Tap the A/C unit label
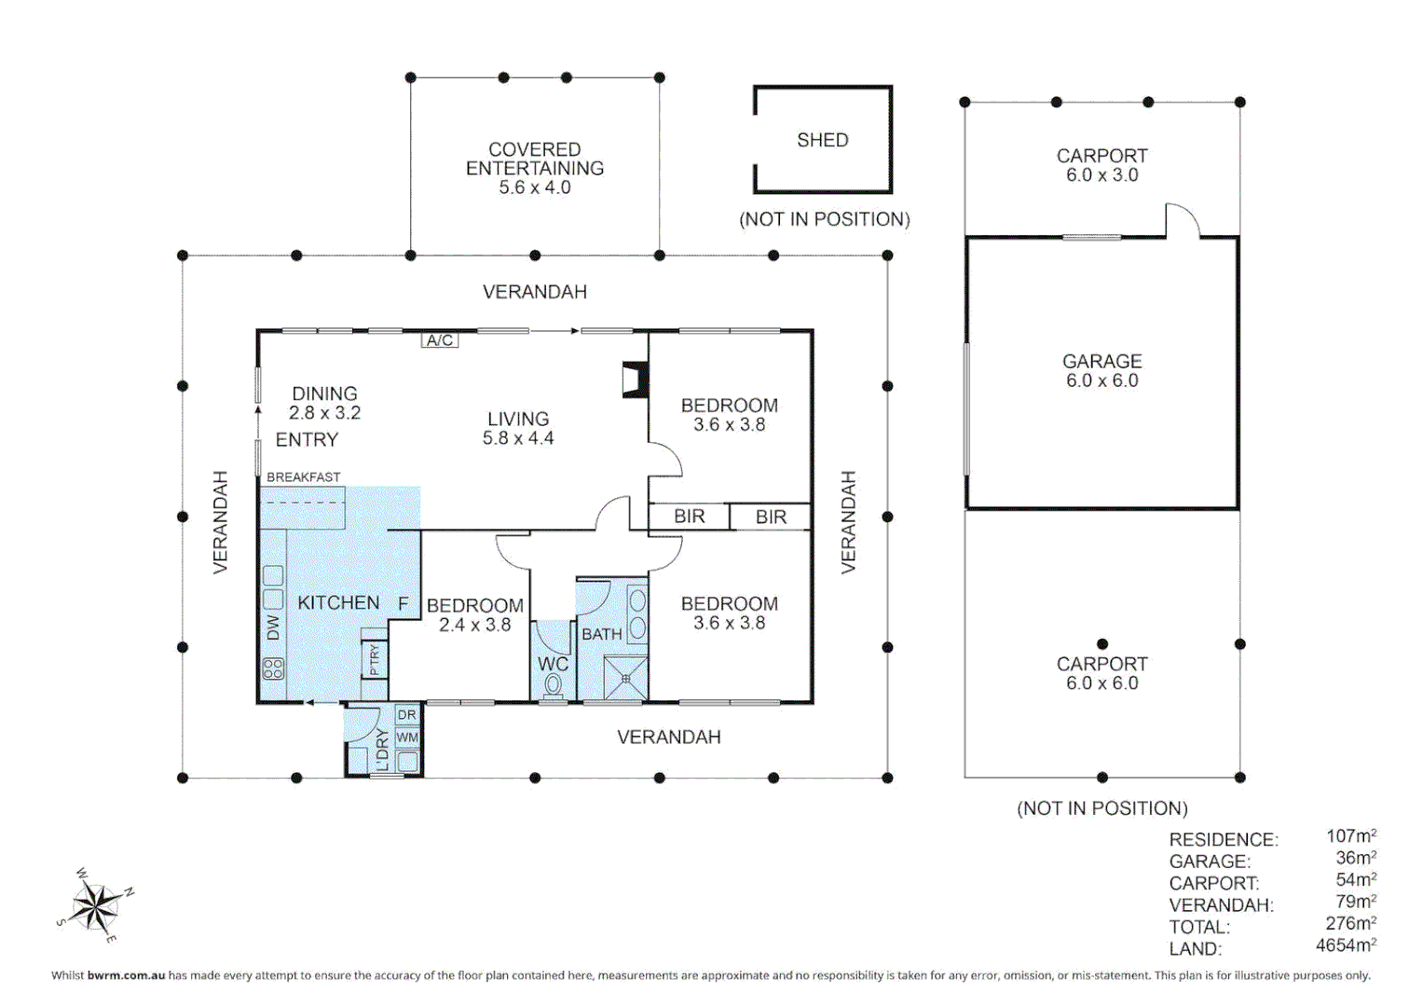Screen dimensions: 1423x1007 point(440,340)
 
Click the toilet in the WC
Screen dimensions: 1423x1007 point(554,686)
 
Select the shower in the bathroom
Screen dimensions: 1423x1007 point(625,679)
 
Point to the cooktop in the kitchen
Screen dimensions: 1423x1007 point(273,669)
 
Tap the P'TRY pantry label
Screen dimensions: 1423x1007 point(375,659)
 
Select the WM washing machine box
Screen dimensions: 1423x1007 point(407,738)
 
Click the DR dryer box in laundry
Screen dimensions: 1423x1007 point(407,714)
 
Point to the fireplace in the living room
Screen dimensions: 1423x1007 point(635,379)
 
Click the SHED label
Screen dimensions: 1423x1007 point(823,140)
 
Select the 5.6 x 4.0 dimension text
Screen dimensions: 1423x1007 point(534,187)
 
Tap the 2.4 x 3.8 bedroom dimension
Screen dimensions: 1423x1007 point(474,625)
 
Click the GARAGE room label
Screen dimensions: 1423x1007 point(1102,361)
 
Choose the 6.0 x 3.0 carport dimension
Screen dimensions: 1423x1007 point(1102,175)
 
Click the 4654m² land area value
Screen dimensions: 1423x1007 point(1347,945)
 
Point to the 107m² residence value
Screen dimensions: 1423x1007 point(1351,836)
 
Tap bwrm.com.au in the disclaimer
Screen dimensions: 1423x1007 point(126,975)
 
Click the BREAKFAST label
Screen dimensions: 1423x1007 point(304,476)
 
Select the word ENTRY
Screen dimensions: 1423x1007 point(307,440)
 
